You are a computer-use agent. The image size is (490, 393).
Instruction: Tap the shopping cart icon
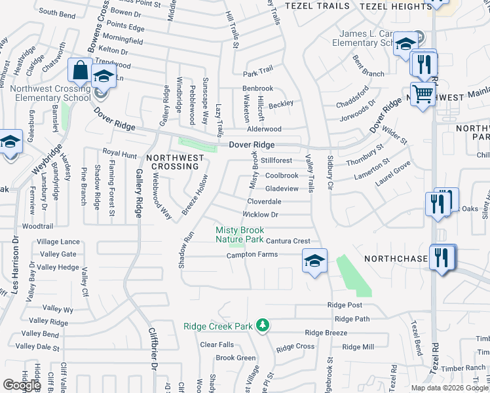coord(423,94)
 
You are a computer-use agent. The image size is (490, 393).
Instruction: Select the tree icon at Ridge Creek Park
coord(263,325)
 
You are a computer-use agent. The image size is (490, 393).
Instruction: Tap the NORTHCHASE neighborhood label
coord(397,259)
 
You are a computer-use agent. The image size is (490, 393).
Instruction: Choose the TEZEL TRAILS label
coord(314,5)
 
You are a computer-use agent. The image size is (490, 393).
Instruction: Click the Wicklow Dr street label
coord(261,214)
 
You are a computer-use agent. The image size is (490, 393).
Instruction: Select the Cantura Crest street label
coord(288,241)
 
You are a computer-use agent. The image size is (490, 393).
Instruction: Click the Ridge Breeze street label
coord(326,333)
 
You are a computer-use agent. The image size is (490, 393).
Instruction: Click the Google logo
coord(21,385)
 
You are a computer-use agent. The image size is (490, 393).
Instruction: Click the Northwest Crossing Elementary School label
coord(45,94)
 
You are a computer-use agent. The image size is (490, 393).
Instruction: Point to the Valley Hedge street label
coord(58,267)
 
